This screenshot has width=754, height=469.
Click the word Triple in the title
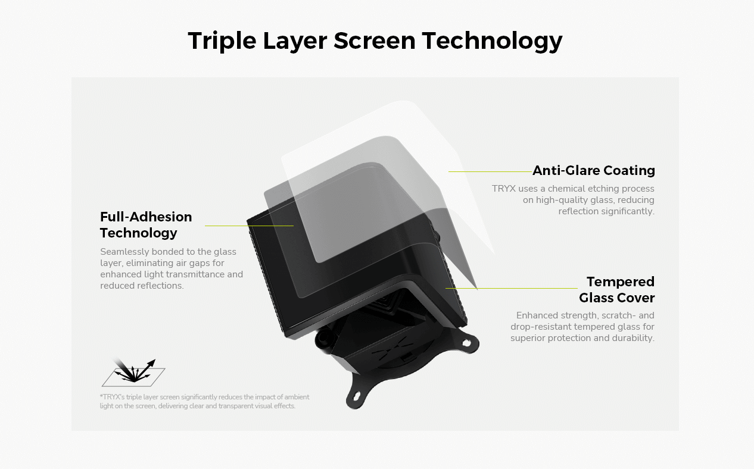[222, 41]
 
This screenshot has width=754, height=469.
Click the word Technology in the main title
[492, 41]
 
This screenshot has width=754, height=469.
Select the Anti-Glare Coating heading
[594, 171]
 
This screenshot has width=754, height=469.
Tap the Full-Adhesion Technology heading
[146, 225]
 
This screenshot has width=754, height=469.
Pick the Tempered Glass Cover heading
[616, 290]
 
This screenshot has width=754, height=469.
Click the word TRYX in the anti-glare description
[504, 189]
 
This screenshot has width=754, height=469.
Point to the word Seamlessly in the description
[124, 252]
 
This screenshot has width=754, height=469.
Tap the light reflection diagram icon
[133, 373]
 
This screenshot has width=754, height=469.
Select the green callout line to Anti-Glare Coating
[490, 171]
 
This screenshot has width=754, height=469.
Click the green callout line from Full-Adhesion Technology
[249, 226]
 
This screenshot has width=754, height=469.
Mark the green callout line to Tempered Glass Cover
[512, 288]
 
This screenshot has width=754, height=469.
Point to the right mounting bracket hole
[466, 343]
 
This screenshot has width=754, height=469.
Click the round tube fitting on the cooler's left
[324, 338]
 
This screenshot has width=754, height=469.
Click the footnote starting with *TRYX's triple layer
[205, 401]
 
